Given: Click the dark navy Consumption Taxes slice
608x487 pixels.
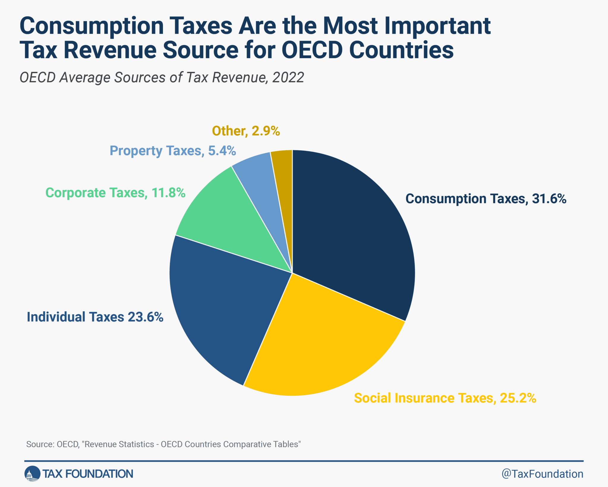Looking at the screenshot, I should (350, 232).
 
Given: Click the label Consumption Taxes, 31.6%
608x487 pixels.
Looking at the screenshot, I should (486, 199).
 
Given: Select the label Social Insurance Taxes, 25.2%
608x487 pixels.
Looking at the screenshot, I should (445, 398).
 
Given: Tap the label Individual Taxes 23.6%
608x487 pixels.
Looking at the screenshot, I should (95, 317).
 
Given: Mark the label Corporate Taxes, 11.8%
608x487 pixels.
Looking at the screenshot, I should (115, 193).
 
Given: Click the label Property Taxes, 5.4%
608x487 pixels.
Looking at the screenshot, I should (172, 151).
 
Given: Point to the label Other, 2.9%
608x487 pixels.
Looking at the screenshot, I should (246, 131).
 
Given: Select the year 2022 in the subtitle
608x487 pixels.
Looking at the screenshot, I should (288, 78).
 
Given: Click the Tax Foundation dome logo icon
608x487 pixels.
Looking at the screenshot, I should (32, 474).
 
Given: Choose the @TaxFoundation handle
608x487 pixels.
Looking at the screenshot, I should (542, 474).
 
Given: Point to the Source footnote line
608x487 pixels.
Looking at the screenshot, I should (163, 444).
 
